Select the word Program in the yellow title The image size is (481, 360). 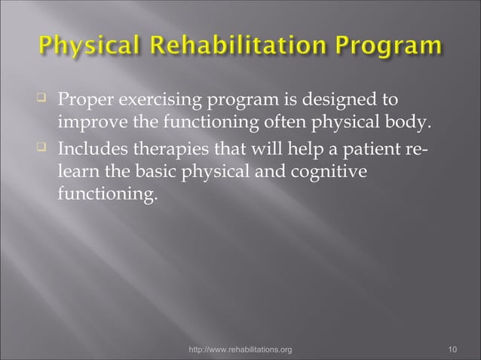point(400,47)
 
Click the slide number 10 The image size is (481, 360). point(452,349)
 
